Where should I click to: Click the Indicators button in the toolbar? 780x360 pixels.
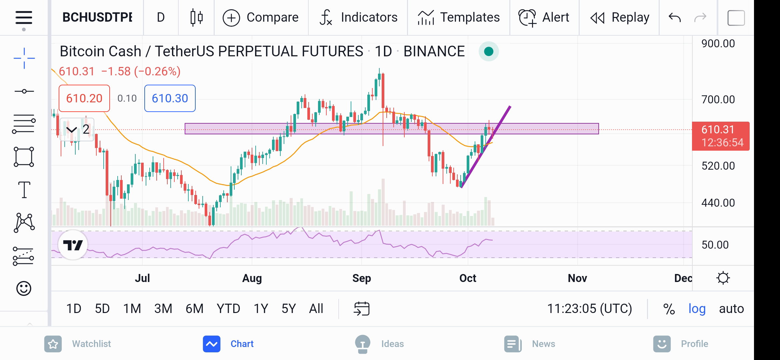point(358,17)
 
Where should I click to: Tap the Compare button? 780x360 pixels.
point(261,17)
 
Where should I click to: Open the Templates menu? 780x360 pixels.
point(459,17)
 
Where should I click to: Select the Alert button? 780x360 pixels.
point(544,17)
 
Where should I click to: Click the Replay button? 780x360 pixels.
point(620,17)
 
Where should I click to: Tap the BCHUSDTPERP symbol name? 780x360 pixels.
point(97,17)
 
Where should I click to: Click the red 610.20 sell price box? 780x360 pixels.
point(84,98)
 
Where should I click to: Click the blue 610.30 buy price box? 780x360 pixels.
point(170,98)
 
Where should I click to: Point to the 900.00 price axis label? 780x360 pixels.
point(718,44)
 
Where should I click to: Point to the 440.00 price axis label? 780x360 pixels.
point(718,203)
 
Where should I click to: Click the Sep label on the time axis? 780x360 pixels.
point(362,278)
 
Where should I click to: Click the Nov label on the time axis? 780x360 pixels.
point(577,278)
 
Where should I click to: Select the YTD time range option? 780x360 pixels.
point(228,309)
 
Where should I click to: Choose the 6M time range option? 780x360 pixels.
point(195,309)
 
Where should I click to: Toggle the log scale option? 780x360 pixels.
point(697,309)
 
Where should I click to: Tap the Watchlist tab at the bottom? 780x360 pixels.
point(78,344)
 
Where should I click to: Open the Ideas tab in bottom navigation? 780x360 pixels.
point(379,344)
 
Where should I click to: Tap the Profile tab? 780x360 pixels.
point(681,344)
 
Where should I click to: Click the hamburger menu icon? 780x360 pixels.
point(24,18)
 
